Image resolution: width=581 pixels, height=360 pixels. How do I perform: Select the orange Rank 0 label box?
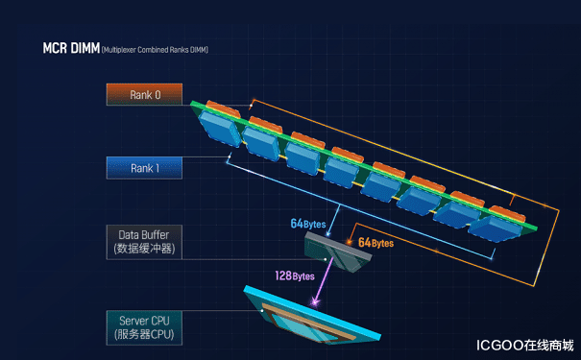[143, 94]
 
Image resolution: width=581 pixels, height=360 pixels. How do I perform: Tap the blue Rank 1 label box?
[143, 168]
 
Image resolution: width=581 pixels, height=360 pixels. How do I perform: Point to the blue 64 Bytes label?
[308, 224]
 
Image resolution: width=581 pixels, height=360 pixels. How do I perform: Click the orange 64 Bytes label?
[375, 243]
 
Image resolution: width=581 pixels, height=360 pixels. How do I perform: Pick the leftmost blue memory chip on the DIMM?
[220, 129]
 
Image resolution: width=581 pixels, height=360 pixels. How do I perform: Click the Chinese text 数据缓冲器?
[143, 250]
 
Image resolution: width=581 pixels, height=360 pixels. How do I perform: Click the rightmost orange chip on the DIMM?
[505, 209]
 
